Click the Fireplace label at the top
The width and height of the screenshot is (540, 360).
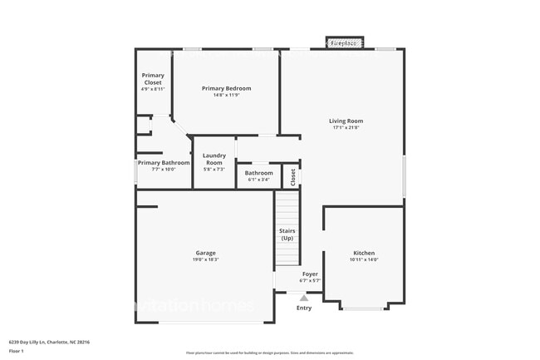coord(344,42)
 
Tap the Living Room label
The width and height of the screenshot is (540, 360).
coord(346,121)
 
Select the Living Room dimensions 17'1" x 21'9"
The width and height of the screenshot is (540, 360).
coord(346,128)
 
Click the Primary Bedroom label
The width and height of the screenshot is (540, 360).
coord(226,88)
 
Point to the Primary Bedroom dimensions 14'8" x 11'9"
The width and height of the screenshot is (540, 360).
coord(226,95)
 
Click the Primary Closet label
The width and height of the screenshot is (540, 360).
coord(153,79)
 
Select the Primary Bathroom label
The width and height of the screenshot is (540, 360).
coord(164,163)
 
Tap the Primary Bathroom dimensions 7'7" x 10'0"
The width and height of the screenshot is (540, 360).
coord(164,170)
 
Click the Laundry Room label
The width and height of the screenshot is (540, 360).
coord(214,159)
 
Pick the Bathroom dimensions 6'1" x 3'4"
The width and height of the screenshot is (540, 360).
coord(258,180)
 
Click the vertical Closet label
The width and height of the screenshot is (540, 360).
coord(292,176)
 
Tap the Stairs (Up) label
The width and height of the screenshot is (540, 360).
coord(287,234)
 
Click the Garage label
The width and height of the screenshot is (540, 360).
coord(206,253)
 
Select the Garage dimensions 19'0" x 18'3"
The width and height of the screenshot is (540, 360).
coord(206,259)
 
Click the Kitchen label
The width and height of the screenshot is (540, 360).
coord(364,253)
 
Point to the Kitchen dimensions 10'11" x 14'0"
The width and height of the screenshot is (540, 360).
coord(364,259)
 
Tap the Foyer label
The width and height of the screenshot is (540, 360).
coord(309,274)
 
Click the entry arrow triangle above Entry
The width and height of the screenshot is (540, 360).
coord(304,297)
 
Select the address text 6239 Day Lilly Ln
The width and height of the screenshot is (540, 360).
coord(30,341)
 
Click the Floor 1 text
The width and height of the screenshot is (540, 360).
coord(16,351)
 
